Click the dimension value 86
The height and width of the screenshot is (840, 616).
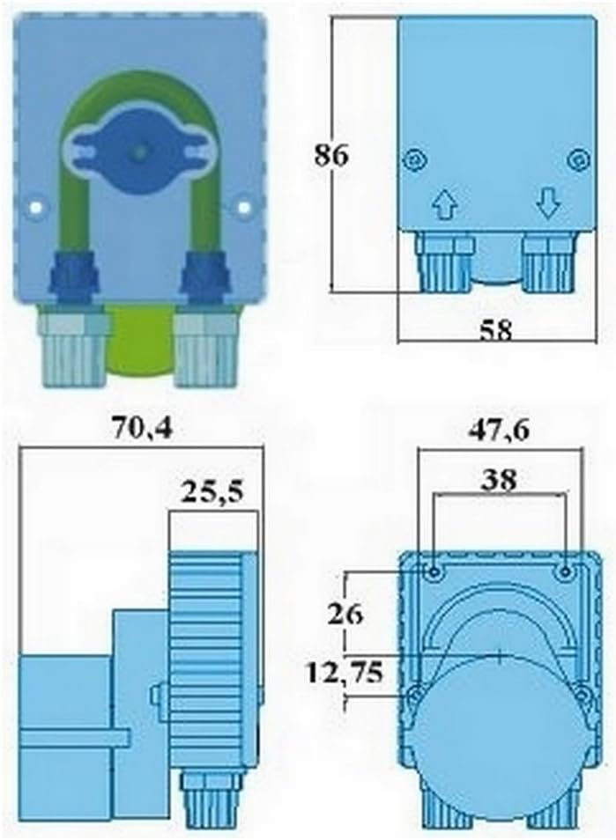332,155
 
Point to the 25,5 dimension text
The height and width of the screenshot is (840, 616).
212,491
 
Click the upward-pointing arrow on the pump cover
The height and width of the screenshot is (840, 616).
444,205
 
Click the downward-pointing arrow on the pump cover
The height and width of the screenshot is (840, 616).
548,205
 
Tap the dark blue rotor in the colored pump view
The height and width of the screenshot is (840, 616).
138,152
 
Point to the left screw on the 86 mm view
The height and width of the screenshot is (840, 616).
411,160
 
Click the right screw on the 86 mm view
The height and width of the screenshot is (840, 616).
577,160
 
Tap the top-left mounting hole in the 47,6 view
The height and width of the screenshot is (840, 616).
435,571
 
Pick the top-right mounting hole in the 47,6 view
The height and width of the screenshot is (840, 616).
565,571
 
